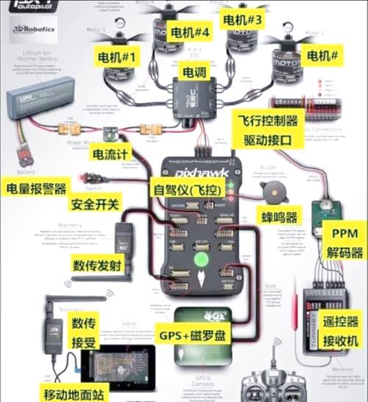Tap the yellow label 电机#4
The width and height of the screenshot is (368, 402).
pos(190,33)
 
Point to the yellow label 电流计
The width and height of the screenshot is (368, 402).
pos(110,154)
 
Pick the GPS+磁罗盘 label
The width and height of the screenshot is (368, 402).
pos(193,336)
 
